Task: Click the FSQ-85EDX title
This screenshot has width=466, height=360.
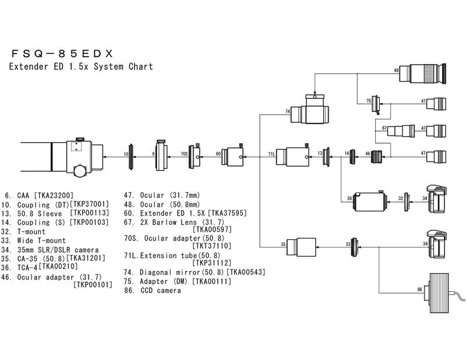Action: point(65,52)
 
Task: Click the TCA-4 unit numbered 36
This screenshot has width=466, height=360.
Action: point(370,199)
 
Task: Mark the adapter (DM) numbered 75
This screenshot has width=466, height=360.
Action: point(376,103)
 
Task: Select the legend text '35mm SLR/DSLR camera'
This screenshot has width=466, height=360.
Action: point(50,249)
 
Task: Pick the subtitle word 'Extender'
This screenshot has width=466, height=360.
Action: point(26,66)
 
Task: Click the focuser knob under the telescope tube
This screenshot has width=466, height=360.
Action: point(79,170)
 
